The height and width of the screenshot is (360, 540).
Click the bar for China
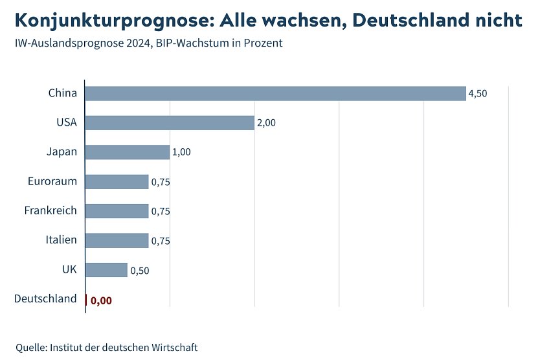pyautogui.click(x=275, y=93)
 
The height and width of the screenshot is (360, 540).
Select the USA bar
pyautogui.click(x=170, y=123)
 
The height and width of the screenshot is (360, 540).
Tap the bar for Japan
pyautogui.click(x=127, y=152)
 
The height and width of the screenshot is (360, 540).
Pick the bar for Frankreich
pyautogui.click(x=117, y=211)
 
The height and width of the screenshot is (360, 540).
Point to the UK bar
pyautogui.click(x=106, y=270)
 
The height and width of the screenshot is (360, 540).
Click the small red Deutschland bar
pyautogui.click(x=86, y=299)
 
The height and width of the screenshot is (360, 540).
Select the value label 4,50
pyautogui.click(x=477, y=94)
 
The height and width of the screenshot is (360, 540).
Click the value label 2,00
pyautogui.click(x=266, y=123)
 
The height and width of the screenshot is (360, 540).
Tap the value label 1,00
pyautogui.click(x=181, y=152)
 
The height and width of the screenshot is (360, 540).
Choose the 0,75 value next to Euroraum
pyautogui.click(x=161, y=182)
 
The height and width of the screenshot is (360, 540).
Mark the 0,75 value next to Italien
pyautogui.click(x=161, y=241)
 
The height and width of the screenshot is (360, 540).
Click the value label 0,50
pyautogui.click(x=139, y=271)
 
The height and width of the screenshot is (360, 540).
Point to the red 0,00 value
pyautogui.click(x=101, y=300)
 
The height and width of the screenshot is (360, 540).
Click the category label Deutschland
pyautogui.click(x=45, y=298)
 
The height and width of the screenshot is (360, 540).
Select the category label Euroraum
pyautogui.click(x=52, y=181)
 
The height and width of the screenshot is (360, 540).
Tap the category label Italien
pyautogui.click(x=61, y=240)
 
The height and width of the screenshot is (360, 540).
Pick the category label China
pyautogui.click(x=62, y=93)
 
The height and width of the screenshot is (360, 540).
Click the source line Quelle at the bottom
pyautogui.click(x=106, y=347)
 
